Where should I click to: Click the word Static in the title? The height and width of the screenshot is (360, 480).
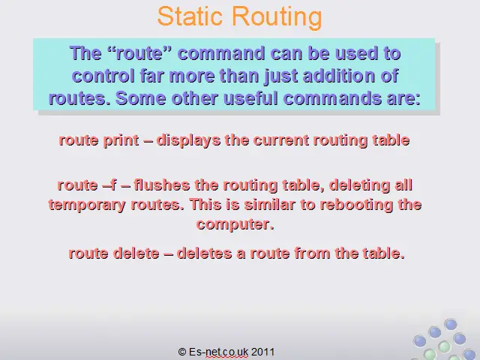coord(190,16)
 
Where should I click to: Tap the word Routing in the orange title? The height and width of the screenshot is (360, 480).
coord(277,18)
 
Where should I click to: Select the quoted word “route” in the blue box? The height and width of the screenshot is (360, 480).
coord(139,53)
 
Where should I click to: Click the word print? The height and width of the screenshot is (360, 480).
coord(121,141)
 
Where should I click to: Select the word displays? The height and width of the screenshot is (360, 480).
coord(188,141)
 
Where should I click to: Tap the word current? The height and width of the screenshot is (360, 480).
coord(281,140)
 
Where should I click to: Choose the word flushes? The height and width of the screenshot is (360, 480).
coord(162,185)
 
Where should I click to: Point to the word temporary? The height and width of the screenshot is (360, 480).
coord(87,205)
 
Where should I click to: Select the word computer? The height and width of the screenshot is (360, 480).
coord(235,224)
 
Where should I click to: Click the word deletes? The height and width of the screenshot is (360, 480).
coord(204,253)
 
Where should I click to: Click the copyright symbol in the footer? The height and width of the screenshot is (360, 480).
coord(182,352)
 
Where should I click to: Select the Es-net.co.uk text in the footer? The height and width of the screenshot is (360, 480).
coord(219,352)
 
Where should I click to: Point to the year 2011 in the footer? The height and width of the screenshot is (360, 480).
coord(263,352)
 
